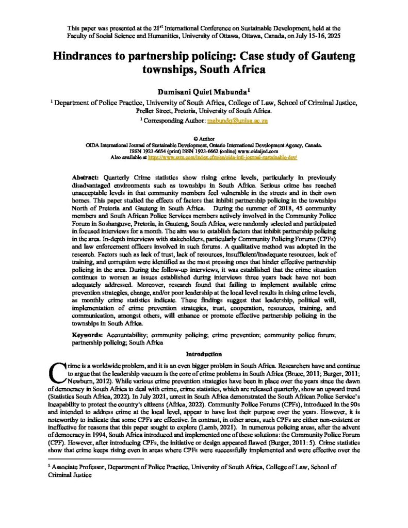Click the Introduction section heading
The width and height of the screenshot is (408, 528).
(204, 354)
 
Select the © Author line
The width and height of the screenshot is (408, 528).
(204, 139)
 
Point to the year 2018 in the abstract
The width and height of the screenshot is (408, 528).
(268, 218)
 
